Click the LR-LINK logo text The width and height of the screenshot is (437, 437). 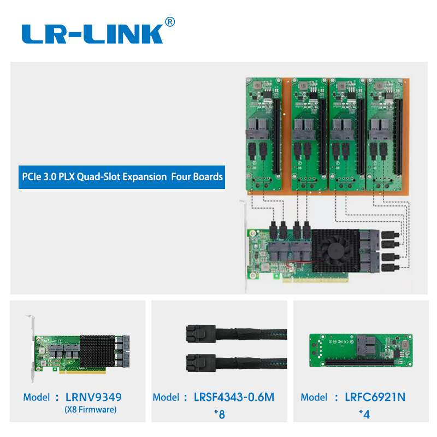(93, 34)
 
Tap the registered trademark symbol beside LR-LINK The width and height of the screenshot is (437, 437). (170, 22)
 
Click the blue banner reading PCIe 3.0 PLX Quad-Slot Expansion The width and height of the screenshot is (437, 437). (121, 177)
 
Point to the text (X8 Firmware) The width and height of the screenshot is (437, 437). (91, 410)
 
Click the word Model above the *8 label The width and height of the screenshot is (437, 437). (165, 397)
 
